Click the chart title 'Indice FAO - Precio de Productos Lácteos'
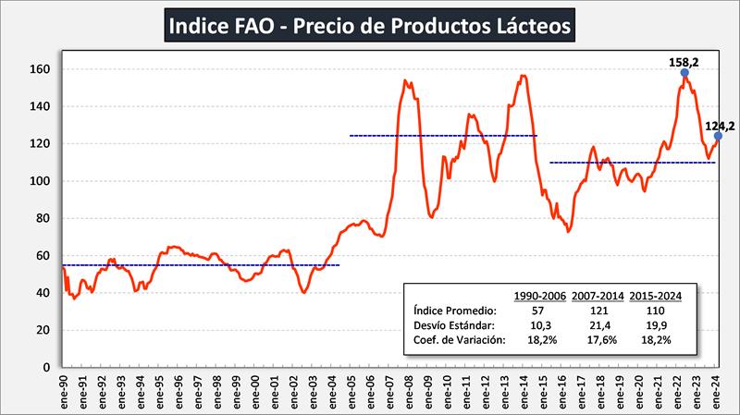click(x=370, y=25)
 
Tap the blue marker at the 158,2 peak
click(x=684, y=72)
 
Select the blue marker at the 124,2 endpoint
click(x=718, y=136)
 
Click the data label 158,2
click(x=684, y=61)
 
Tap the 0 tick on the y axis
click(x=47, y=367)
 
